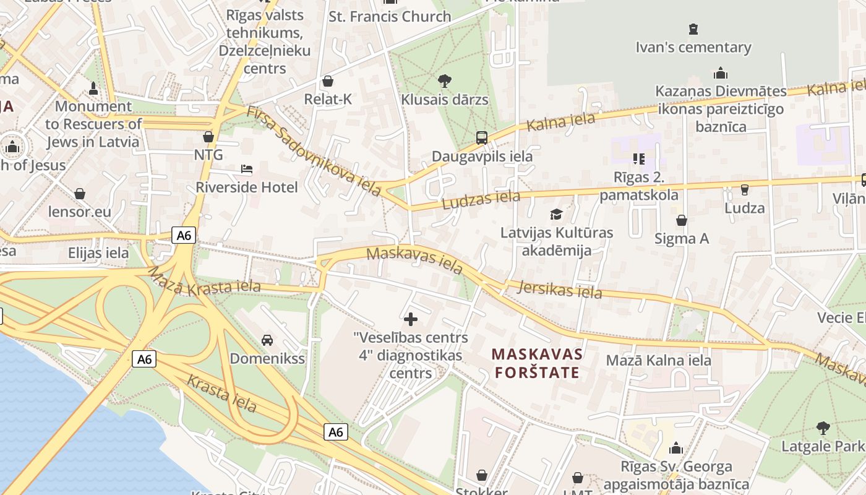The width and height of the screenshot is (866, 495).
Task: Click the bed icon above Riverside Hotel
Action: pos(246,169)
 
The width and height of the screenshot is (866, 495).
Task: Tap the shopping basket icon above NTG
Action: pos(208,136)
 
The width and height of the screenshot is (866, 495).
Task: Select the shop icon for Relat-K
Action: pos(328,81)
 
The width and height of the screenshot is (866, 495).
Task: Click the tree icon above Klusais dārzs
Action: pos(444,80)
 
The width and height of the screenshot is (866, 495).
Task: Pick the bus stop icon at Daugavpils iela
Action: pos(482,137)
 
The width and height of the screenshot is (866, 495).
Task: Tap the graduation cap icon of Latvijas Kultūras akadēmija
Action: pos(556,214)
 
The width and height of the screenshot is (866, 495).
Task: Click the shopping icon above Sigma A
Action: pos(682,220)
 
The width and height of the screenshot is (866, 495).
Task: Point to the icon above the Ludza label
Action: pos(744,189)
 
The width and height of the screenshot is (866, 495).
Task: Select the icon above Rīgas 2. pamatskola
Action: pos(639,159)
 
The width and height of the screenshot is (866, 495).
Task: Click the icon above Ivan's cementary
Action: pos(693,28)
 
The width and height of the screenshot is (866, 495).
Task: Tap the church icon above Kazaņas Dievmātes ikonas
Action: pos(721,73)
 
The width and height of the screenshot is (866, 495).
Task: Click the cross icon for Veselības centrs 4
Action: pos(411,319)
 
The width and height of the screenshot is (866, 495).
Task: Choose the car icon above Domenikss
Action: pos(267,340)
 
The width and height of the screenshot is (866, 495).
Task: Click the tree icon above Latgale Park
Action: pos(823,427)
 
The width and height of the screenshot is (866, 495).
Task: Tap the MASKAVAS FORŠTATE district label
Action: pos(537,363)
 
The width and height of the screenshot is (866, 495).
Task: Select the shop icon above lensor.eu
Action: pos(80,194)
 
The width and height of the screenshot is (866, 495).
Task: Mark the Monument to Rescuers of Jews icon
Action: pos(93,88)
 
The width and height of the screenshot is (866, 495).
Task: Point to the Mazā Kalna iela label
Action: pos(658,360)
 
